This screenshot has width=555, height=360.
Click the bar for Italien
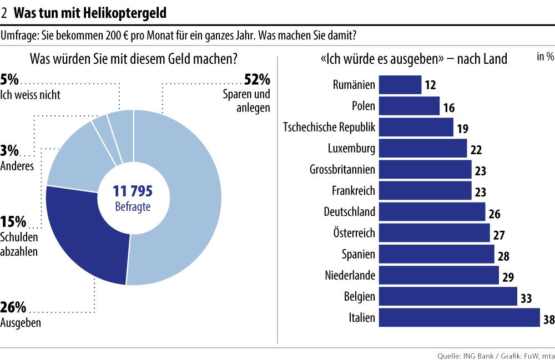click(459, 318)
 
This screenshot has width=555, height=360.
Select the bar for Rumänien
click(400, 85)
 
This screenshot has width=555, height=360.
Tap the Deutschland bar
click(432, 212)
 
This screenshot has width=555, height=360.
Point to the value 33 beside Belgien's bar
click(526, 299)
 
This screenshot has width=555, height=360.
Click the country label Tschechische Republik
click(329, 128)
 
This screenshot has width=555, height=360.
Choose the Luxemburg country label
click(351, 149)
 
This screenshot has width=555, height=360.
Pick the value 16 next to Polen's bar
click(449, 108)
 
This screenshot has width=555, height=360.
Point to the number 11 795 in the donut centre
click(133, 192)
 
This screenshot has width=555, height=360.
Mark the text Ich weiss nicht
click(31, 95)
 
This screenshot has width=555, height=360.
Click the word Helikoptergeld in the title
click(127, 12)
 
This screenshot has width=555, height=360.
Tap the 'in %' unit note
click(545, 57)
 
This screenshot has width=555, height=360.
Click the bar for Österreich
click(434, 233)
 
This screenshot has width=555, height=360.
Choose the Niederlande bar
click(438, 275)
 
